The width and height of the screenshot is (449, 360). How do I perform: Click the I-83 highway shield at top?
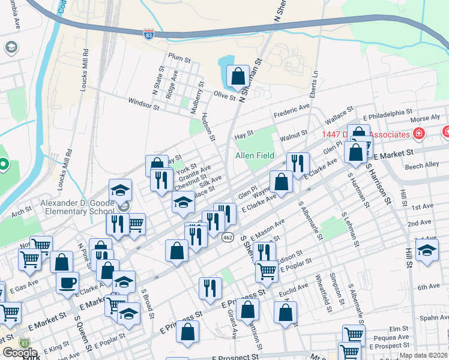coord(148,35)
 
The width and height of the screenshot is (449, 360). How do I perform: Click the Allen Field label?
coord(255,156)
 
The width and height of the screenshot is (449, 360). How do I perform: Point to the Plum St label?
coord(179,59)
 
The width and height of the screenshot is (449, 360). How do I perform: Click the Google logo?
coord(20,353)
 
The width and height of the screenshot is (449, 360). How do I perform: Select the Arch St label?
coord(21,211)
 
